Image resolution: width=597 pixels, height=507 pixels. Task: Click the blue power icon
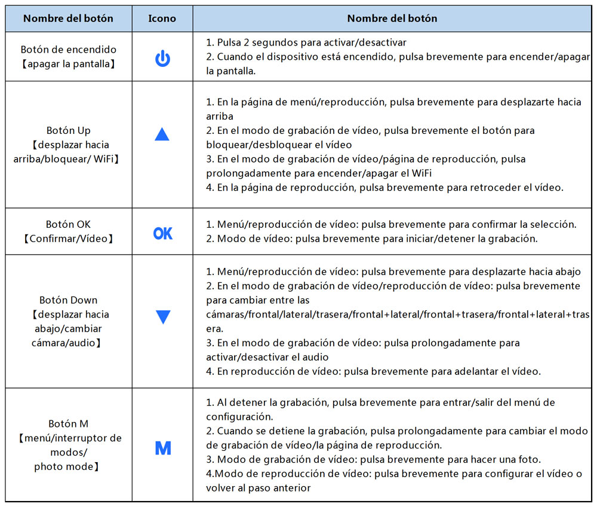click(162, 59)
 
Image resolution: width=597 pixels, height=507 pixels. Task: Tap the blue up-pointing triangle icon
click(162, 135)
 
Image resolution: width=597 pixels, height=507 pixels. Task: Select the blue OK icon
click(162, 233)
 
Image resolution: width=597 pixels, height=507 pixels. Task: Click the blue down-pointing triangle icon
click(162, 317)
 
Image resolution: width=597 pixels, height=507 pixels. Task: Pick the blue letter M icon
click(162, 448)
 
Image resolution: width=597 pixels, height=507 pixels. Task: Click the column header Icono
click(162, 19)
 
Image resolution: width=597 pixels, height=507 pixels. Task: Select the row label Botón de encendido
click(69, 50)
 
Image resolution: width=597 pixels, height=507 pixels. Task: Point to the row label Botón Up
click(69, 130)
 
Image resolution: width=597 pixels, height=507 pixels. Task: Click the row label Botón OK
click(69, 225)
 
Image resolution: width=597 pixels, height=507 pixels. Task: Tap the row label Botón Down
click(69, 300)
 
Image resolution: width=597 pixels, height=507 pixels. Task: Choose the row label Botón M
click(69, 424)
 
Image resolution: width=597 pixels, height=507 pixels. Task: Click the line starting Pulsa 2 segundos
click(306, 43)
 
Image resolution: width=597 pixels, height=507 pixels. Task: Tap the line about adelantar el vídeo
click(373, 371)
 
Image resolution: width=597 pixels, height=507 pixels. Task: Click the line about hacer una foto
click(373, 459)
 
